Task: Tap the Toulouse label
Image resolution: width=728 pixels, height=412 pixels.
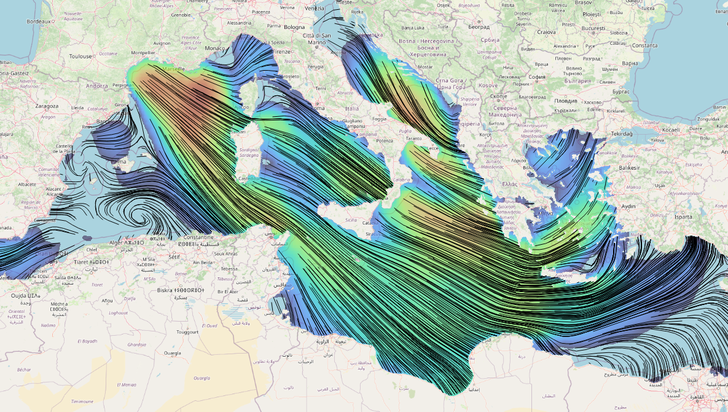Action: click(80, 56)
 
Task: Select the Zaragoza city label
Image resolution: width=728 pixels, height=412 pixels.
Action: click(47, 106)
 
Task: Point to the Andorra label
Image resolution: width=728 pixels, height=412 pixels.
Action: click(97, 86)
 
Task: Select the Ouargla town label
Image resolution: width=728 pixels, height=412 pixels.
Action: click(172, 354)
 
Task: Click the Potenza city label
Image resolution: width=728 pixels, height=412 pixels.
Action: click(385, 141)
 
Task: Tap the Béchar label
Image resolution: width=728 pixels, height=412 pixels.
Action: click(24, 370)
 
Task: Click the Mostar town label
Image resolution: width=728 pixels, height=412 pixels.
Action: click(425, 66)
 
